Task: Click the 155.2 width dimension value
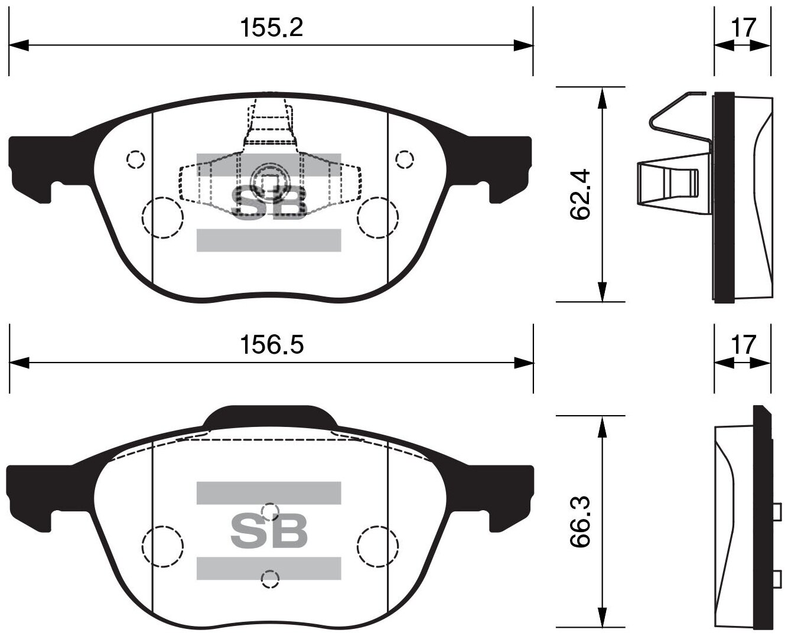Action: click(x=271, y=27)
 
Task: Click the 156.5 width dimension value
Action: click(x=271, y=345)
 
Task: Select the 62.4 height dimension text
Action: click(x=581, y=194)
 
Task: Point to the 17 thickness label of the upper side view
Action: click(x=743, y=27)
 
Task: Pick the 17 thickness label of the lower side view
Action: click(x=743, y=345)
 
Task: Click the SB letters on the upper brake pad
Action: click(x=269, y=203)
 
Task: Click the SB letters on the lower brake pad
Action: click(x=269, y=531)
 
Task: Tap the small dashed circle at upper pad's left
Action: click(x=136, y=159)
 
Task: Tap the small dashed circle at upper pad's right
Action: click(x=405, y=159)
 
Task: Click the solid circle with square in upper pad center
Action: click(x=269, y=180)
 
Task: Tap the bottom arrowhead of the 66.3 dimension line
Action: click(x=602, y=618)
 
